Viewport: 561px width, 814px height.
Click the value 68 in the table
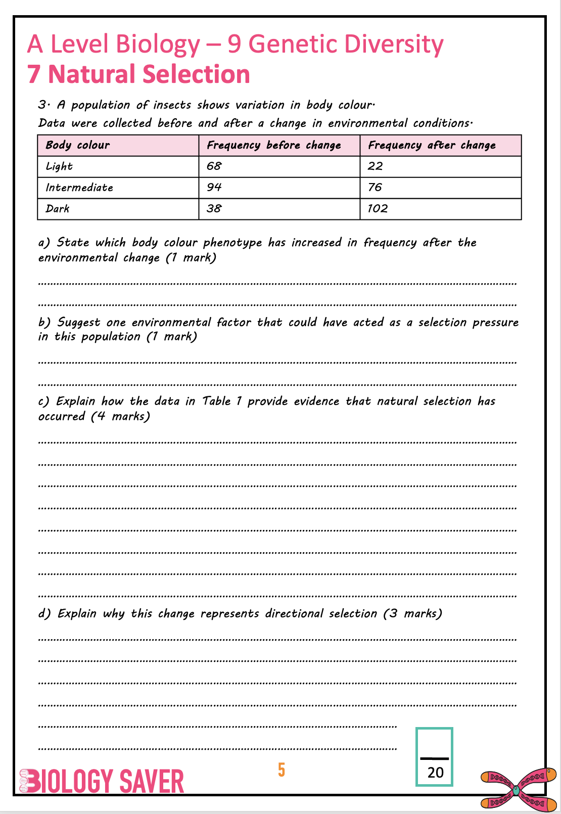click(214, 166)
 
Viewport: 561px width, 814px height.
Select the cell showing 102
click(378, 208)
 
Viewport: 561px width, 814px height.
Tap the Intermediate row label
click(79, 188)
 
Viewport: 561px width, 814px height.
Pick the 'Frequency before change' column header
click(274, 145)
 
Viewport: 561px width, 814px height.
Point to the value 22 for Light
click(376, 166)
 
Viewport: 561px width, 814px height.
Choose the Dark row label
click(58, 208)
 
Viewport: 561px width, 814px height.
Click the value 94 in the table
click(214, 187)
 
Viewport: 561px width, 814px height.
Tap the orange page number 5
click(282, 770)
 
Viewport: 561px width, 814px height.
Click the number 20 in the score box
click(435, 773)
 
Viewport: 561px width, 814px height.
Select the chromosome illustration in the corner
click(518, 788)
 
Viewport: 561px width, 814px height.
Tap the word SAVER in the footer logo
click(152, 782)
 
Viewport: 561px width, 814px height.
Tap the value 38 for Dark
click(214, 208)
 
